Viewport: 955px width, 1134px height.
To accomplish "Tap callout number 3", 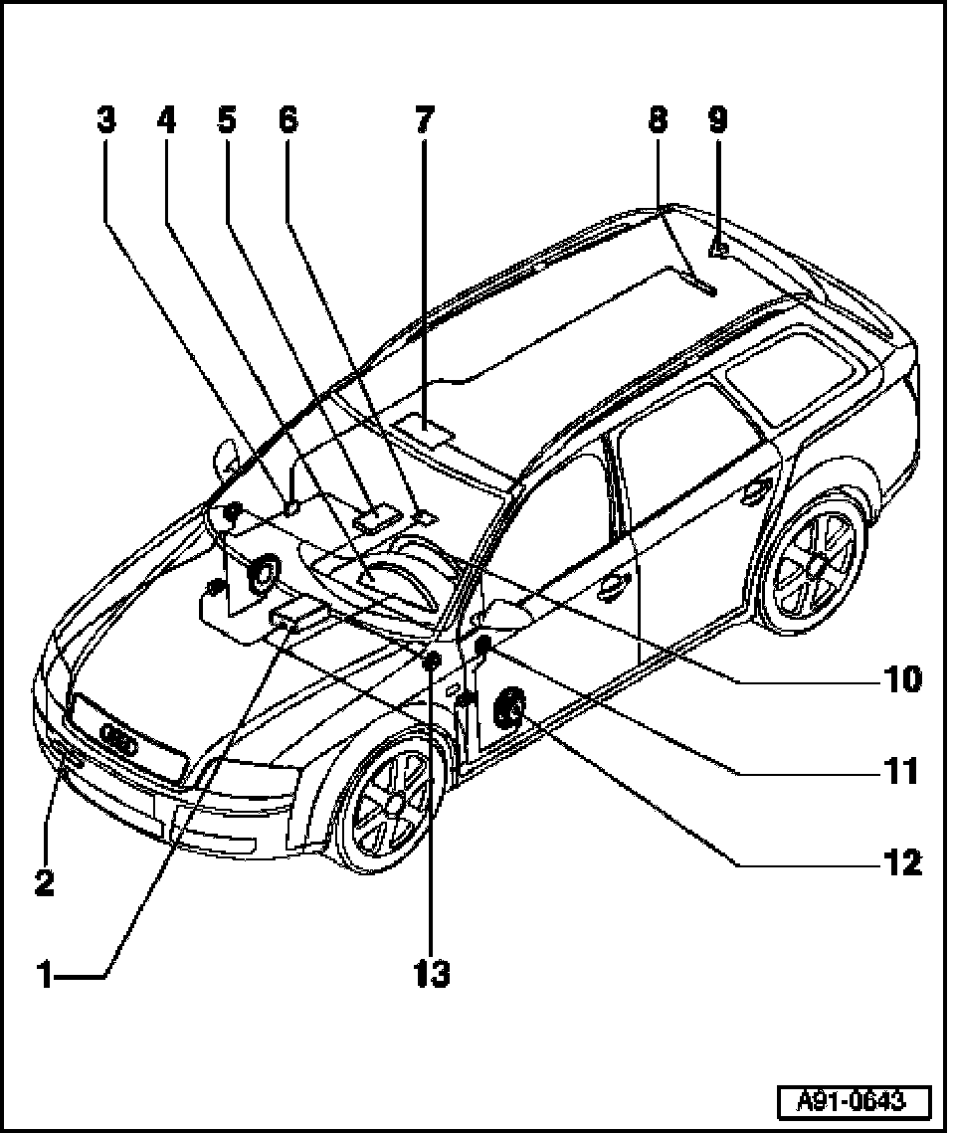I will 105,121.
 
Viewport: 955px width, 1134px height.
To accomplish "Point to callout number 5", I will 227,121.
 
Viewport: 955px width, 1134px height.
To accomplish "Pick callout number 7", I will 425,121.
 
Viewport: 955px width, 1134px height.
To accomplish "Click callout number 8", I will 658,121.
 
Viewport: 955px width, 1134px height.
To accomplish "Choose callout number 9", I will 718,121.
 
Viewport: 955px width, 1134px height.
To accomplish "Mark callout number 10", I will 903,679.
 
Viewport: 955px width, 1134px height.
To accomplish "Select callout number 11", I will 903,771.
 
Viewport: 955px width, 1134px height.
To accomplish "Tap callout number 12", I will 903,862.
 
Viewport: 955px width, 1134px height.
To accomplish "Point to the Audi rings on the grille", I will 121,741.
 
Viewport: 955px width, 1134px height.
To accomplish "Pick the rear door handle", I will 758,487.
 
